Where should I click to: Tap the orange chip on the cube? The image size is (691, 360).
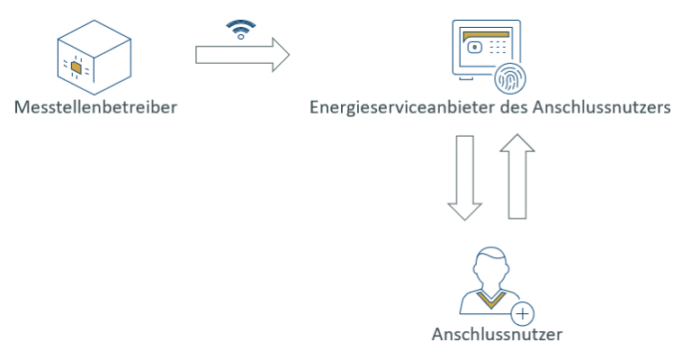[x=76, y=67]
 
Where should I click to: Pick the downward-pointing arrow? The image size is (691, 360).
[x=464, y=176]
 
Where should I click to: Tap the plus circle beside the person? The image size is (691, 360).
[x=522, y=314]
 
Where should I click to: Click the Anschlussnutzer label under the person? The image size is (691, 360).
[x=497, y=336]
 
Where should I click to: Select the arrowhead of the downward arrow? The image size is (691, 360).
[x=464, y=209]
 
